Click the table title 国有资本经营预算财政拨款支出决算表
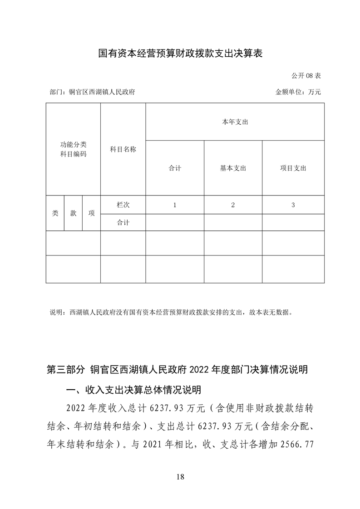[181, 54]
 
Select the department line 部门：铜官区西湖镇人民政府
[92, 92]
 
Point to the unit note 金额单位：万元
[298, 92]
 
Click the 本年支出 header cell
[235, 122]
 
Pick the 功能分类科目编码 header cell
[73, 149]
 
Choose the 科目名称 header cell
[123, 149]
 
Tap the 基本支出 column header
[233, 168]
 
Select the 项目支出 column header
[293, 168]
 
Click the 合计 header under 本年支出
[175, 168]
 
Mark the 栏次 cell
[123, 205]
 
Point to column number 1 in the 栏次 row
[175, 205]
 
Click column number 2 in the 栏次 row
[233, 205]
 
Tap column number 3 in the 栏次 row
[293, 205]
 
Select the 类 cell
[55, 213]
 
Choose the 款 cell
[73, 213]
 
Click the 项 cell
[91, 213]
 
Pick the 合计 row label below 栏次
[123, 222]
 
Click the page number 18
[180, 477]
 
